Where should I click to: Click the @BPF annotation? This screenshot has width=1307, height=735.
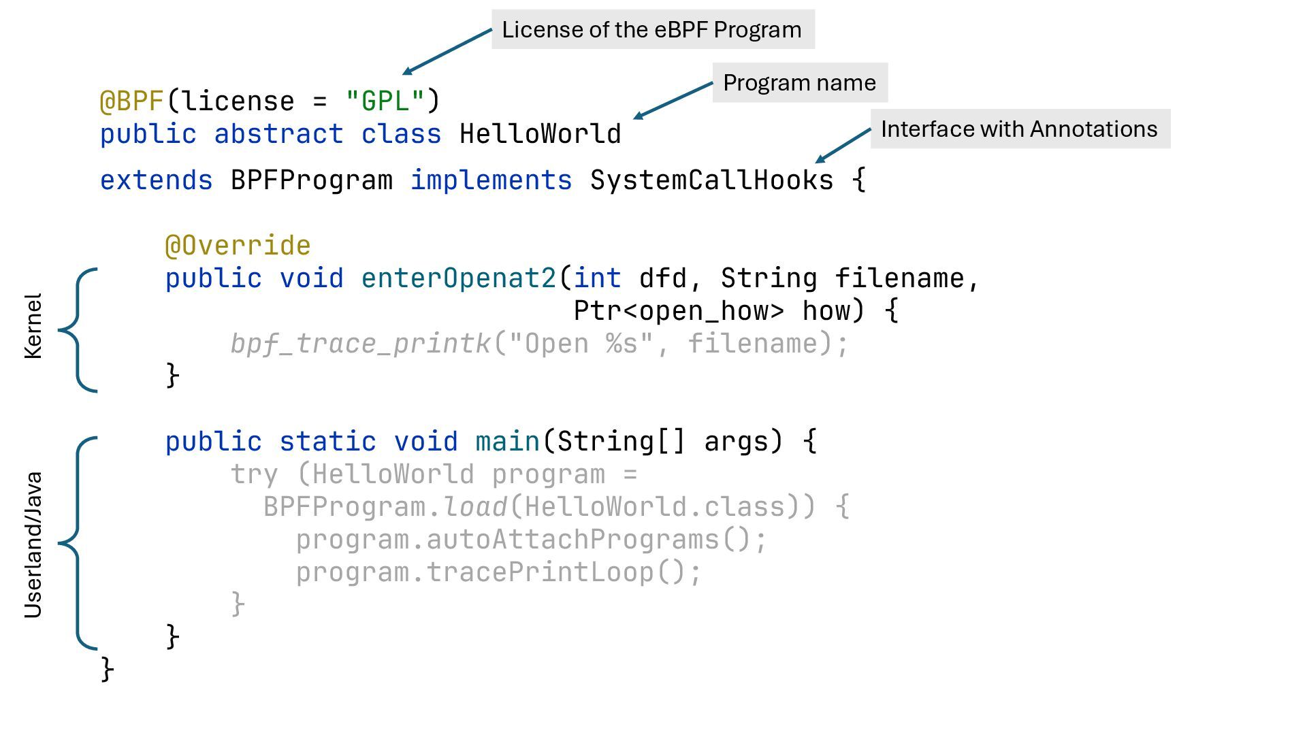[x=132, y=101]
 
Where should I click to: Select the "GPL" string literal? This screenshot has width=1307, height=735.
[x=385, y=101]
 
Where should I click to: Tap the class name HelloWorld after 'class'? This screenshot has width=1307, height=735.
[x=540, y=134]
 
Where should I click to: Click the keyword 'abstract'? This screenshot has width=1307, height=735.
[x=278, y=134]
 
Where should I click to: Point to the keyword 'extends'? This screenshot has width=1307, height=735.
[x=156, y=180]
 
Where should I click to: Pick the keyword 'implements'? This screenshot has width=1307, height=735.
[x=491, y=180]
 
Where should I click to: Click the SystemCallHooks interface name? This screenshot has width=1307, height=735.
[x=711, y=180]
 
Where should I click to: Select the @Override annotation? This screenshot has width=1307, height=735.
[x=238, y=246]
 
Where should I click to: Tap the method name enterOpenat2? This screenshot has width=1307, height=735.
[x=459, y=278]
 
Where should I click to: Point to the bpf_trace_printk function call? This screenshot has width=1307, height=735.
[x=360, y=344]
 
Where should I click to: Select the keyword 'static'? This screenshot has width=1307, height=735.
[x=327, y=442]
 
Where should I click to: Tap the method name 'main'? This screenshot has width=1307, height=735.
[x=507, y=442]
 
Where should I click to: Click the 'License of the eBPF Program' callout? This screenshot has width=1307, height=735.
[x=652, y=29]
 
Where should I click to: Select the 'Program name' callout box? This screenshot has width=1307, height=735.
[x=799, y=82]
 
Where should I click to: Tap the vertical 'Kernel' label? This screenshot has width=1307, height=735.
[x=33, y=326]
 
